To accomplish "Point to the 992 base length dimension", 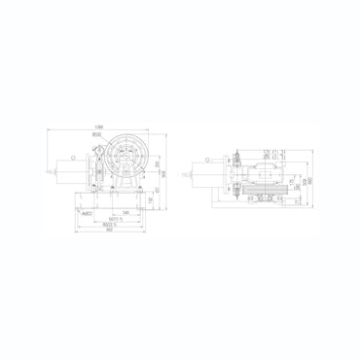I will coord(110,232).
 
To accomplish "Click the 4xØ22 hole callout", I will coord(88,212).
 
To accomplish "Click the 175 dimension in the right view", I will coord(289,180).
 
